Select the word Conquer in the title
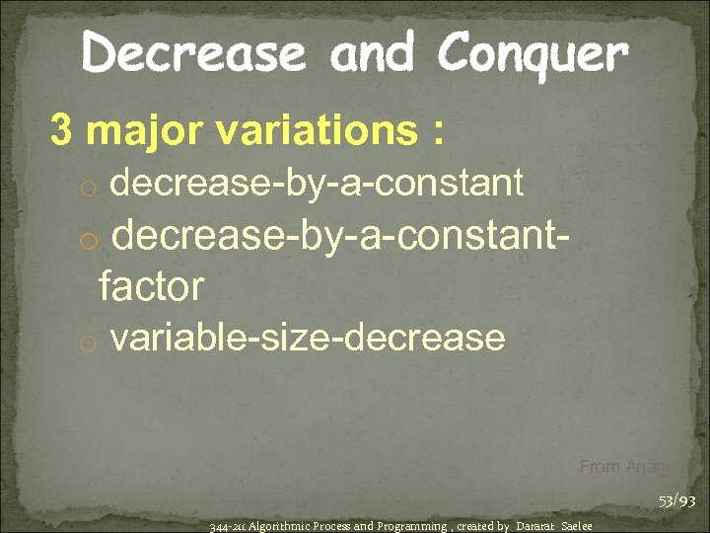533,55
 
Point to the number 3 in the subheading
62,132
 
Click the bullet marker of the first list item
90,186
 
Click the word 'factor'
151,287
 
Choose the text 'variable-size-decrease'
308,339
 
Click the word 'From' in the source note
600,467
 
